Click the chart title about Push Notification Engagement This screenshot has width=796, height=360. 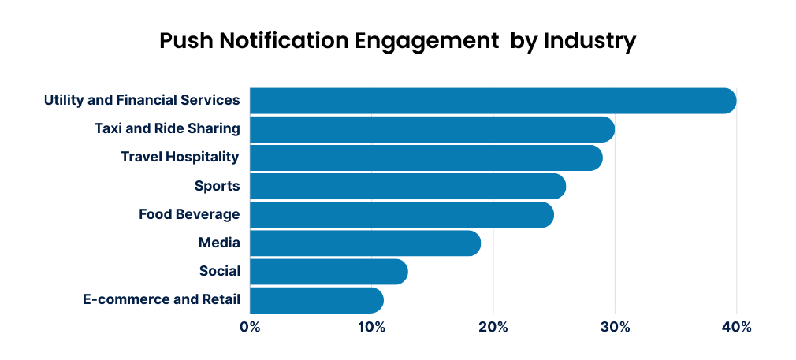pos(397,41)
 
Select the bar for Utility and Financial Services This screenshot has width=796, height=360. pos(493,101)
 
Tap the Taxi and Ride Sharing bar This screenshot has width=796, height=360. pos(432,129)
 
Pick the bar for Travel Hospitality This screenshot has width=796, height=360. pos(426,158)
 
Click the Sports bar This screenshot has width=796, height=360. pos(407,186)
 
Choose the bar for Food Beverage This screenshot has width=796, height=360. pos(401,214)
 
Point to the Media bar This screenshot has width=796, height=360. pos(365,243)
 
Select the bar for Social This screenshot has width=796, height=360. pos(329,272)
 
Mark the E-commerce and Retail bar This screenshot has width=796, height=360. pos(316,300)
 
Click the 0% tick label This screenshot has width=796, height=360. pos(250,326)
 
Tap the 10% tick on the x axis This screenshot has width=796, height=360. pos(371,326)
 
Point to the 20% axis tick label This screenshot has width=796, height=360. pos(493,326)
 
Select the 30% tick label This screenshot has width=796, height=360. pos(615,326)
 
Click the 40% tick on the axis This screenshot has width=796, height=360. pos(736,326)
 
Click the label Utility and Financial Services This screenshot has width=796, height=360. pos(142,100)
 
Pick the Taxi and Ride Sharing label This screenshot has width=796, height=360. pos(167,128)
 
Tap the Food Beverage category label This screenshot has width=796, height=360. pos(189,214)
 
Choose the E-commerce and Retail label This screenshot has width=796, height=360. pos(161,300)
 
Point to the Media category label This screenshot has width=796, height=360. pos(220,243)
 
